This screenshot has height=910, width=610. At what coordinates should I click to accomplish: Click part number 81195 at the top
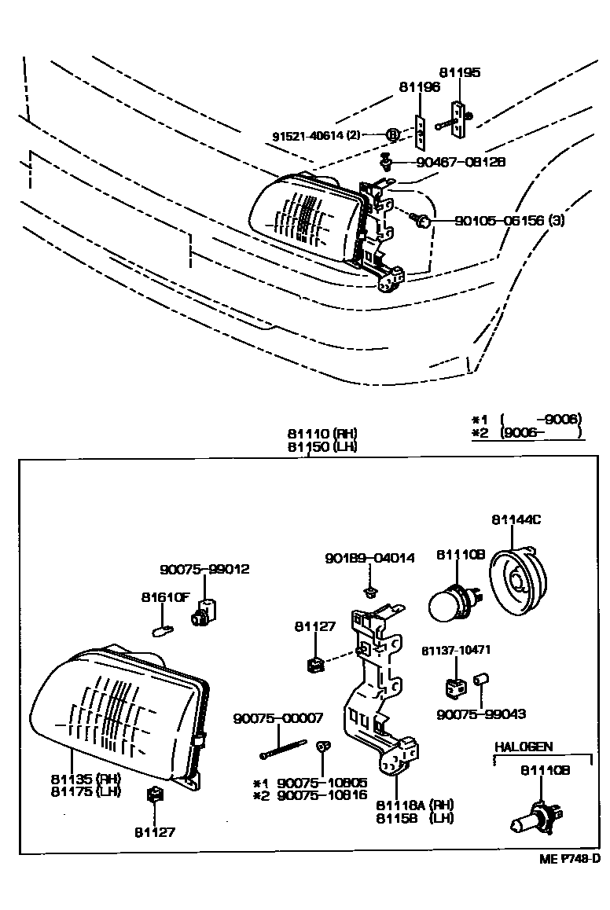pos(460,72)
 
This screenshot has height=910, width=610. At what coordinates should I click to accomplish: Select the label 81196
pos(420,88)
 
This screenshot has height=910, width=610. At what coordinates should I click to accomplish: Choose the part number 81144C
pos(516,519)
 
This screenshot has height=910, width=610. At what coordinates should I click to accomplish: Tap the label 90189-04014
pos(369,558)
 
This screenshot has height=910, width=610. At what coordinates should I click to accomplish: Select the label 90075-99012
pos(204,569)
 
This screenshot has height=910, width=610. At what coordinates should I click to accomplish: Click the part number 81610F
pos(166,596)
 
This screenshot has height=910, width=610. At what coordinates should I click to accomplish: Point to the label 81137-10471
pos(456,651)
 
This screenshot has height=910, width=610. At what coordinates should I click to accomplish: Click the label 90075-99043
pos(481,714)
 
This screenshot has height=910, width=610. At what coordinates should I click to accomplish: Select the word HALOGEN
pos(524,747)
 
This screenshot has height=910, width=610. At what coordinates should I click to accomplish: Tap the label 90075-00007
pos(278,718)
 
